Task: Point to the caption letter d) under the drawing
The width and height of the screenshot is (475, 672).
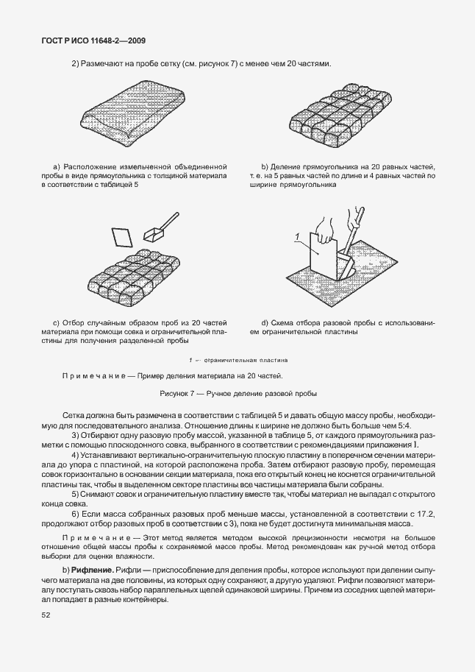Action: tap(265, 322)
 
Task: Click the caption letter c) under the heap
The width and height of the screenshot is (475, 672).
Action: tap(56, 322)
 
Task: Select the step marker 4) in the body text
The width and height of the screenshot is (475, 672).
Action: tap(75, 455)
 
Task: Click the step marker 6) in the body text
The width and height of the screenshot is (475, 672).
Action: tap(75, 513)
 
